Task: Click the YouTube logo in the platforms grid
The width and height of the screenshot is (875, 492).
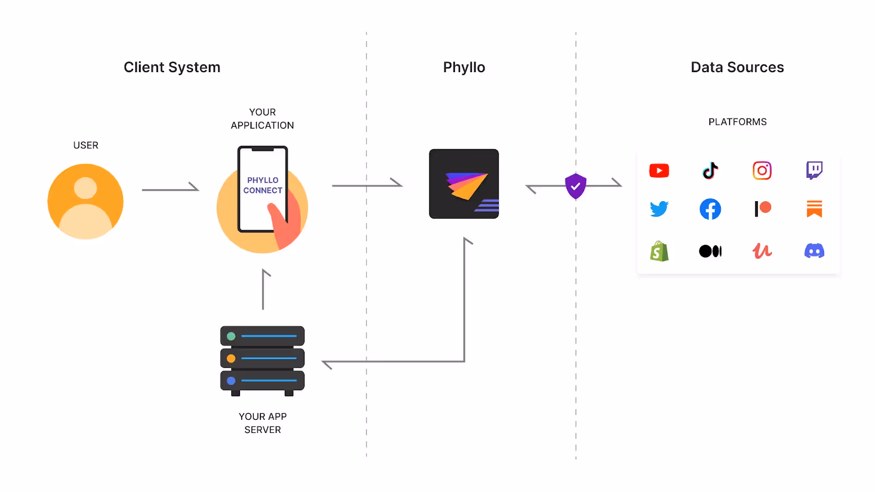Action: (x=659, y=171)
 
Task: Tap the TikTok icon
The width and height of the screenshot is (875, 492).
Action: (x=710, y=171)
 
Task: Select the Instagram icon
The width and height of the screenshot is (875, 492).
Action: (x=762, y=171)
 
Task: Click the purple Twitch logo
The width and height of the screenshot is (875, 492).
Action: (x=814, y=170)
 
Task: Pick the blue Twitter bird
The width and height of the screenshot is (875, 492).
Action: (x=659, y=209)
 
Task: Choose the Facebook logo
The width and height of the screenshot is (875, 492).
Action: (x=710, y=209)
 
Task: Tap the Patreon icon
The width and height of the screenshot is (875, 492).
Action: (x=762, y=208)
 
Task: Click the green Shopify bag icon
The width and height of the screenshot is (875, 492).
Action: (x=659, y=251)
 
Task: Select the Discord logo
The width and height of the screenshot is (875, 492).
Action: (x=814, y=251)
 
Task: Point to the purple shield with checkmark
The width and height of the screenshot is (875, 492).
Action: (x=575, y=186)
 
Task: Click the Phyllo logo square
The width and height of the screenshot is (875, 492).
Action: (x=464, y=184)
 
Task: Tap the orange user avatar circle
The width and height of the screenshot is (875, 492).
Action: (x=85, y=201)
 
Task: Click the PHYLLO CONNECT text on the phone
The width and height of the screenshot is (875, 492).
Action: (x=262, y=185)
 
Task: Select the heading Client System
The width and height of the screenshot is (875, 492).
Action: (x=172, y=67)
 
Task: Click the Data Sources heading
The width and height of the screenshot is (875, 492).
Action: (x=737, y=67)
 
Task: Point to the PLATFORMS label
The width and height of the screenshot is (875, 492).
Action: (x=737, y=122)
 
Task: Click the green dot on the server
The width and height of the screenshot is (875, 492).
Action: (x=231, y=336)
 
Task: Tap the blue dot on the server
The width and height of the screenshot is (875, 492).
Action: (x=231, y=380)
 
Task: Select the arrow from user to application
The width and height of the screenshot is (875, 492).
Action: (x=170, y=189)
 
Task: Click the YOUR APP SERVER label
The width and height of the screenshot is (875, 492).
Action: (x=262, y=423)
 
